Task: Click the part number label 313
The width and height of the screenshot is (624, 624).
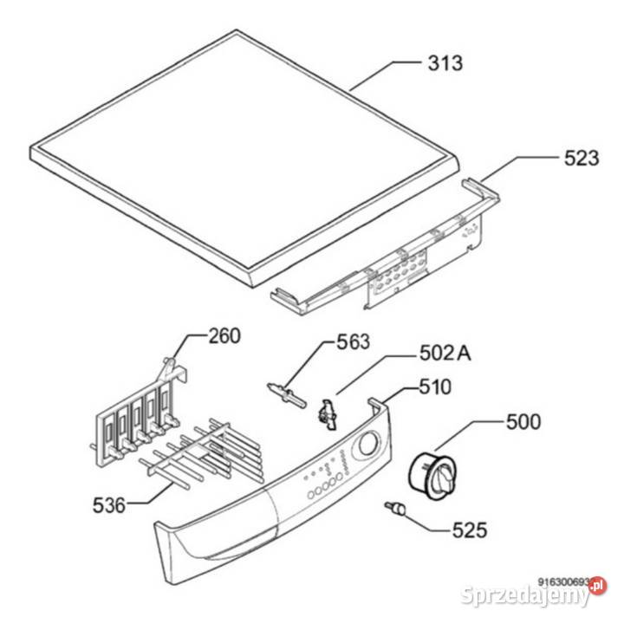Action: point(445,63)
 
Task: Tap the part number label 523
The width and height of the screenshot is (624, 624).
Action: point(582,159)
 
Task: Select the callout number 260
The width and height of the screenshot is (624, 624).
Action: point(224,335)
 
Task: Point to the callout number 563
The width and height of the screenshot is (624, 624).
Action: point(353,341)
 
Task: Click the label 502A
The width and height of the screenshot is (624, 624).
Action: point(445,353)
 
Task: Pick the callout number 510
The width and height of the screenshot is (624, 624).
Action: point(435,387)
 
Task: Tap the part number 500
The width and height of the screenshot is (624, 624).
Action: point(523,422)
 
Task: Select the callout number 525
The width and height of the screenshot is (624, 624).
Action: point(470,530)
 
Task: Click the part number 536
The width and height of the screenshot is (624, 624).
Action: point(109,505)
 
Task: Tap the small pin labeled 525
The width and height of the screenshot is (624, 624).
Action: point(395,508)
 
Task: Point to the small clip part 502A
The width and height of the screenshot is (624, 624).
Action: point(328,415)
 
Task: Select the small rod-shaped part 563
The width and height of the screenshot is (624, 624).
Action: point(287,395)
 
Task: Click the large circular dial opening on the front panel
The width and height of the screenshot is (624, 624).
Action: point(369,445)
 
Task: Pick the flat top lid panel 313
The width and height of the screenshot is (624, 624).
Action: point(244,157)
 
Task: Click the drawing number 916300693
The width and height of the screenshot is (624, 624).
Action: point(563,582)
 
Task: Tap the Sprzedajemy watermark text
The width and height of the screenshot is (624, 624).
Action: point(524,595)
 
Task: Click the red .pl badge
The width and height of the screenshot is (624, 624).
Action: point(598,585)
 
